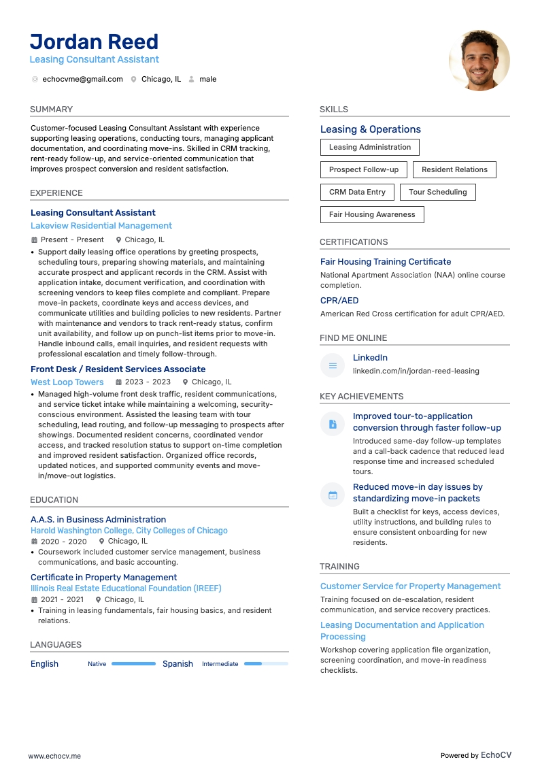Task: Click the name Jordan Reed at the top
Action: pos(94,41)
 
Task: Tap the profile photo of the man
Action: pos(479,61)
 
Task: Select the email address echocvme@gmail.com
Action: pos(82,80)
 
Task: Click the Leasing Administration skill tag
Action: pos(370,147)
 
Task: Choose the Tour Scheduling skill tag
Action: pos(437,193)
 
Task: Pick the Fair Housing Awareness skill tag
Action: pos(372,215)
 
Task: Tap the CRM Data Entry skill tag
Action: pos(357,193)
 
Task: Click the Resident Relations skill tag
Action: pos(454,170)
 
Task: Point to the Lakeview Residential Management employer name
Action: pos(101,226)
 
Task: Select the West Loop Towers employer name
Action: pos(67,382)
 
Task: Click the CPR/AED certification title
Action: pos(339,301)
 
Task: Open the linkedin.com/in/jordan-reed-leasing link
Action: pos(416,371)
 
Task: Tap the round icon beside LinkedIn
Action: pos(333,365)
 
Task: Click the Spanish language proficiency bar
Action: pos(266,664)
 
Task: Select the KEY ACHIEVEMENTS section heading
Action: pos(361,397)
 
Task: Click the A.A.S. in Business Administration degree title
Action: pos(99,520)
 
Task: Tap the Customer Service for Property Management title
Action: pos(410,586)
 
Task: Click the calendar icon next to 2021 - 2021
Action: pos(34,600)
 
